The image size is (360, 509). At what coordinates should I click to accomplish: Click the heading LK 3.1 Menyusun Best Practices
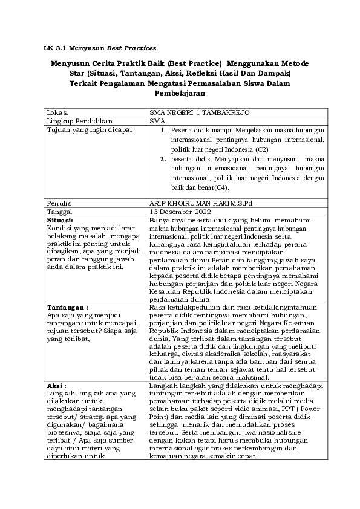tap(100, 47)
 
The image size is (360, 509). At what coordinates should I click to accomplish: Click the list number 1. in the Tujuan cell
tap(163, 129)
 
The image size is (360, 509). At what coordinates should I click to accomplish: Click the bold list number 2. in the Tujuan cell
tap(163, 159)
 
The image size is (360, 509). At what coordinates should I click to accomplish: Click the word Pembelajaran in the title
tap(180, 94)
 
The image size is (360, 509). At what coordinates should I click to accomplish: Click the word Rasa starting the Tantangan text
tap(157, 307)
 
